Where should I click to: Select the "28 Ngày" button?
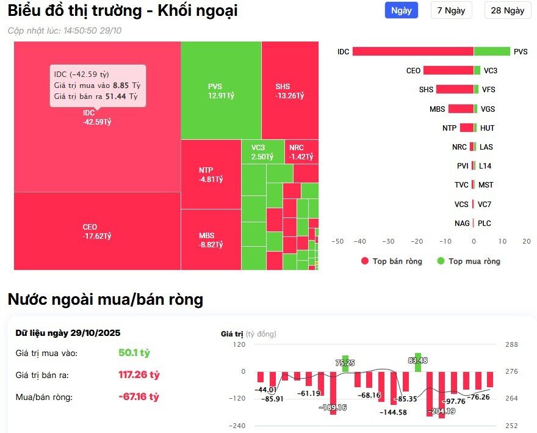[x=507, y=10]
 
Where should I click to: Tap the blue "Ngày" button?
[x=401, y=10]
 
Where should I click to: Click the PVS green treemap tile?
[x=220, y=90]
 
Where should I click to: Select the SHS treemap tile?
[x=289, y=90]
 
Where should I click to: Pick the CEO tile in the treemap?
[x=96, y=231]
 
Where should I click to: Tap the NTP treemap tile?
[x=211, y=174]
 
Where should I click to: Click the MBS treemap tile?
[x=211, y=239]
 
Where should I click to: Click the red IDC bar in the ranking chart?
[x=413, y=52]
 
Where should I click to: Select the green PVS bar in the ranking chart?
[x=492, y=52]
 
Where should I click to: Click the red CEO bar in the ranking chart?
[x=448, y=70]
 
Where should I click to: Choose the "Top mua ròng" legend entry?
[x=468, y=261]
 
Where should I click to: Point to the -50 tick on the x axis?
[x=337, y=241]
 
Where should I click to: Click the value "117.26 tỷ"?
[x=139, y=374]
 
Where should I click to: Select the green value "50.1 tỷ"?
[x=134, y=352]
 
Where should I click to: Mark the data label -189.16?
[x=333, y=407]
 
